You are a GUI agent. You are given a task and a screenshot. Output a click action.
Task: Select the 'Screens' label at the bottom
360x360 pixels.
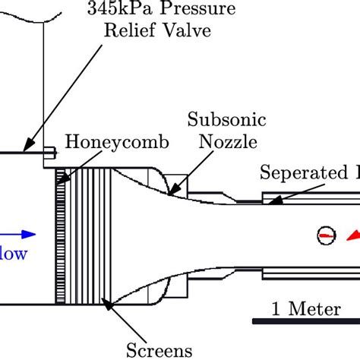(x=159, y=350)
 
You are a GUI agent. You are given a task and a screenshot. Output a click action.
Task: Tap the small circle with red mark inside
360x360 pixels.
(x=324, y=236)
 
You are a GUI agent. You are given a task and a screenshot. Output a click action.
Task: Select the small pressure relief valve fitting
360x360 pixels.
(x=50, y=153)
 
